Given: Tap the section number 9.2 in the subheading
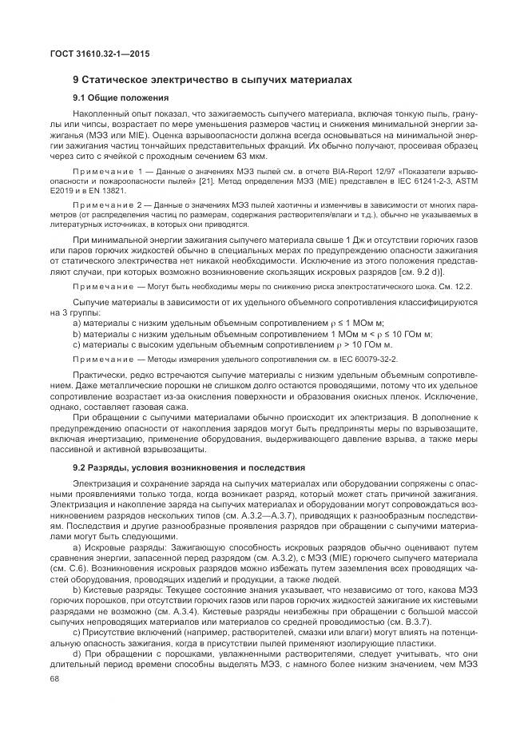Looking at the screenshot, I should (80, 467).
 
